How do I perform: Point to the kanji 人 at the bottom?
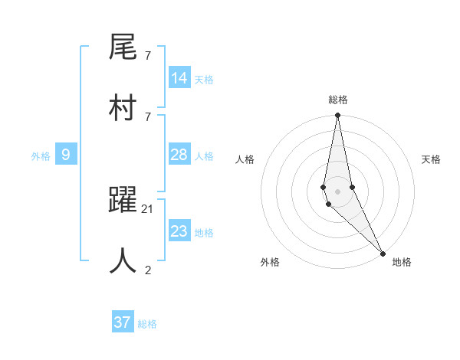pos(123,260)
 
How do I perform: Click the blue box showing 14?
pos(179,78)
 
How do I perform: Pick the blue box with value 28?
pos(179,155)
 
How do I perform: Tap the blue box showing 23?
pos(179,231)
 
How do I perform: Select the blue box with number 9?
pos(66,155)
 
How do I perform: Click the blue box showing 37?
pos(123,322)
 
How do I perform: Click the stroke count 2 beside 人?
pos(148,269)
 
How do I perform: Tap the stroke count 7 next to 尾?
pos(147,56)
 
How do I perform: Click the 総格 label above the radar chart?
pos(337,100)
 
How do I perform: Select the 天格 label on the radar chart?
pos(431,159)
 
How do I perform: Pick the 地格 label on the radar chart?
pos(402,262)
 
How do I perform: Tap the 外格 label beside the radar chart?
pos(270,262)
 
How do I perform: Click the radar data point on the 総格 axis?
pos(337,116)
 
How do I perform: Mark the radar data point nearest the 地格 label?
pos(383,253)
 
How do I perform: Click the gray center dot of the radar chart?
pos(337,191)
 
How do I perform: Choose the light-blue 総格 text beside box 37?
pos(147,324)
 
